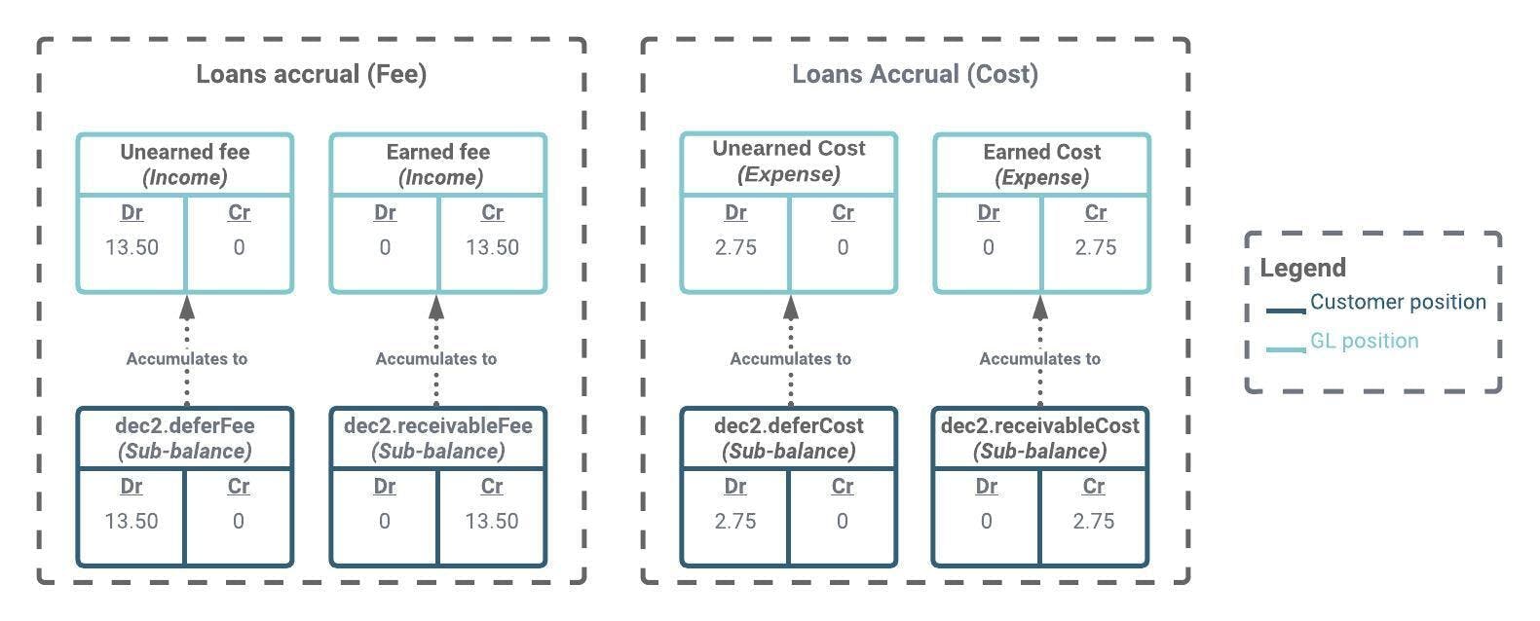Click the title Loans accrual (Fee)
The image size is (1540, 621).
point(311,75)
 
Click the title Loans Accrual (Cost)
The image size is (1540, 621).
point(915,75)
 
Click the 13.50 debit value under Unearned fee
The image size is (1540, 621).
point(131,247)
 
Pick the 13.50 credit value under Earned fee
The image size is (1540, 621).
point(492,247)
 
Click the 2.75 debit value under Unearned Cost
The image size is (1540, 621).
point(735,247)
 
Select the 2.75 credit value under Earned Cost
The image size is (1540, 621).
point(1096,247)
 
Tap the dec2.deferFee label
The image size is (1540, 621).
point(185,426)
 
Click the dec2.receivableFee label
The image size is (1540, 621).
point(437,426)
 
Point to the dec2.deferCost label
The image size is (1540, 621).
point(788,426)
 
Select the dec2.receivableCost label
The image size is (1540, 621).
point(1039,426)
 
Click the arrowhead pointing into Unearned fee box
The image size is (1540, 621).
point(187,308)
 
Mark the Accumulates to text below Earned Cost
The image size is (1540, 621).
point(1039,359)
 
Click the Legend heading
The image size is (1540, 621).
point(1302,269)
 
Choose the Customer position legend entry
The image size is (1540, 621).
point(1397,303)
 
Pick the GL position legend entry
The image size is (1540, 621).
point(1364,342)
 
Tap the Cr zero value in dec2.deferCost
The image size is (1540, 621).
point(843,521)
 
